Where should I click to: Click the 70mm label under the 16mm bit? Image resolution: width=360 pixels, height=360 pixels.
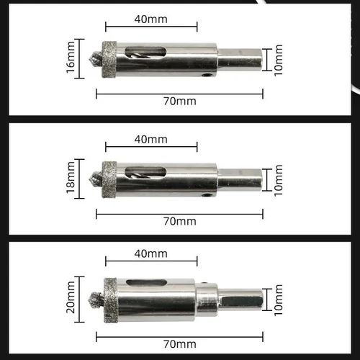coord(179,101)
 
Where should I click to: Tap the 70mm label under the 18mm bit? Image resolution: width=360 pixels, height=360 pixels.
coord(179,220)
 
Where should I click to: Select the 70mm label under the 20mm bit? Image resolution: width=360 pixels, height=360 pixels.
coord(179,344)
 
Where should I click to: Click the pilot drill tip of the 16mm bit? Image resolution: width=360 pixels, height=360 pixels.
coord(94,56)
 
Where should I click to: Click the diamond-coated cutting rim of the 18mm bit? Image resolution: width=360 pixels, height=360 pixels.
coord(109,177)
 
